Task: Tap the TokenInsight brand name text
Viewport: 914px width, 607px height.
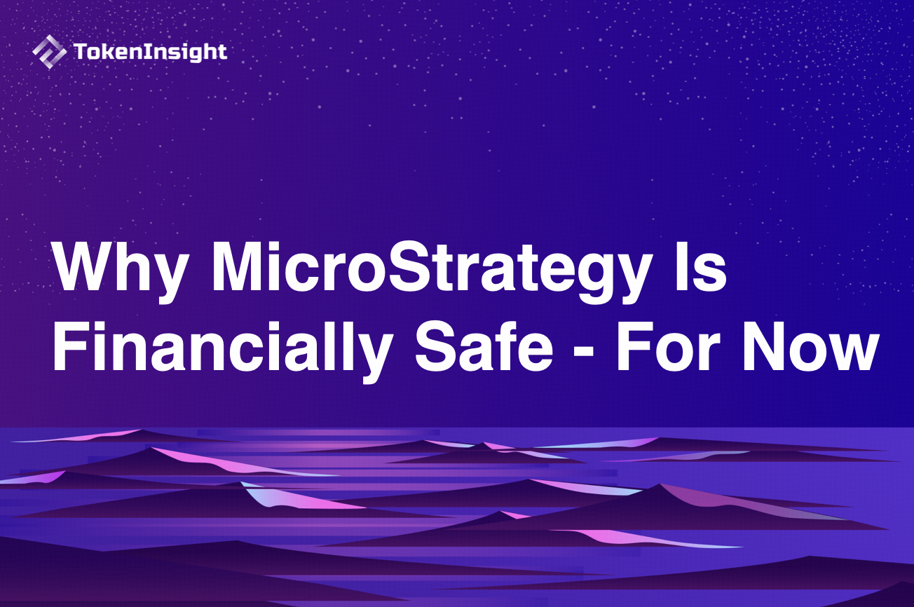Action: [x=149, y=52]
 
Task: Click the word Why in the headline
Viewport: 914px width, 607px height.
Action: [x=121, y=270]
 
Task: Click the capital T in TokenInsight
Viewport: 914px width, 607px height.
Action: [x=79, y=51]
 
